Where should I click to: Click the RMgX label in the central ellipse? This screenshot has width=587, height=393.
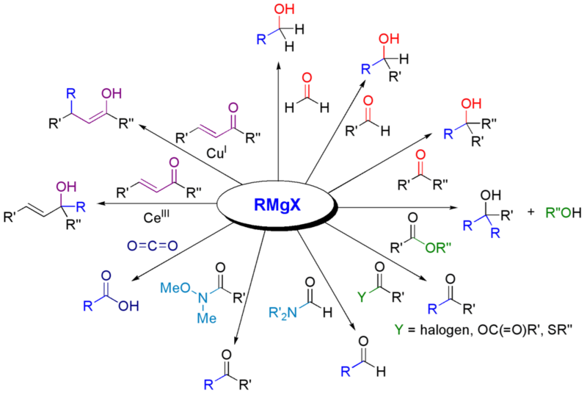coord(280,206)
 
